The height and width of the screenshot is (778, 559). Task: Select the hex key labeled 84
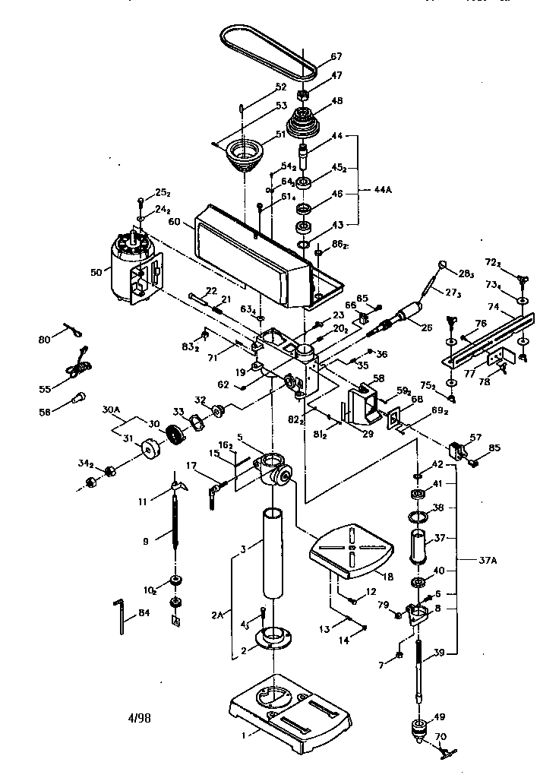tap(121, 616)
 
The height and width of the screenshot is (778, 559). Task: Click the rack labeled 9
tap(177, 525)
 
